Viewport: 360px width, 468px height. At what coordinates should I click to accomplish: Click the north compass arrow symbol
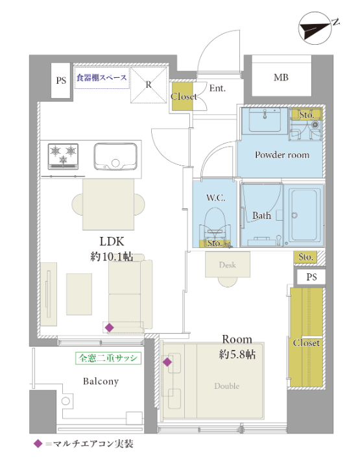tap(315, 29)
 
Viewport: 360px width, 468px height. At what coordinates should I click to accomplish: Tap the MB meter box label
tap(281, 78)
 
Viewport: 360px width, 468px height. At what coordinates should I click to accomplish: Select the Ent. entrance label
tap(217, 88)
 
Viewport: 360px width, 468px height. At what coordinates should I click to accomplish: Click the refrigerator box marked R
tap(149, 85)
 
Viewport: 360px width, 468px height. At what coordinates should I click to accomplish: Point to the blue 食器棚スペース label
tap(102, 78)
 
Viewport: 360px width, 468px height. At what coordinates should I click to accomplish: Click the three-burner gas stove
tap(63, 156)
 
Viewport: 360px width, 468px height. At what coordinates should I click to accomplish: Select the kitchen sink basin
tap(115, 156)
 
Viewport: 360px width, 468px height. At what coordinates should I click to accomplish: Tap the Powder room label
tap(282, 154)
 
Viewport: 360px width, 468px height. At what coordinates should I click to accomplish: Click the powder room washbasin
tap(265, 119)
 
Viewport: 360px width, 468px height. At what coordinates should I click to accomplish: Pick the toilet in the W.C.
tap(215, 225)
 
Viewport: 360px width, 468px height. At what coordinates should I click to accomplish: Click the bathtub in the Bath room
tap(304, 215)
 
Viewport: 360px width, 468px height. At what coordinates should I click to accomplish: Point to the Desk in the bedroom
tap(227, 265)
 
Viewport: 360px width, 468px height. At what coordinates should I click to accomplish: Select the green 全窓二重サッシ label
tap(108, 358)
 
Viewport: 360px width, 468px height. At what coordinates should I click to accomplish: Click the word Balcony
tap(101, 381)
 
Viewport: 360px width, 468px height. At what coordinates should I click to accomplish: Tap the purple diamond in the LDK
tap(110, 327)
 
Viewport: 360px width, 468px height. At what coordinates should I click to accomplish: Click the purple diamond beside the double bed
tap(167, 362)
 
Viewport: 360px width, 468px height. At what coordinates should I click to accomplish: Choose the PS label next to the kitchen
tap(61, 80)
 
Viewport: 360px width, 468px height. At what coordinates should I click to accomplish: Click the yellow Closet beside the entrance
tap(182, 97)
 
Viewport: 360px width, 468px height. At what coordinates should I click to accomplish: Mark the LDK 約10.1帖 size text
tap(112, 256)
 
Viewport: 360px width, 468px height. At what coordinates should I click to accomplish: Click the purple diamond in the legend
tap(38, 444)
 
